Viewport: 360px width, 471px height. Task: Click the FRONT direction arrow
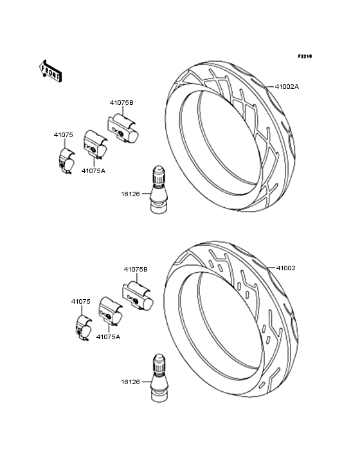(50, 71)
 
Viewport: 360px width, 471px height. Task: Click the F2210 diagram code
(305, 56)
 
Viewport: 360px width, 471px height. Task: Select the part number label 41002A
(287, 87)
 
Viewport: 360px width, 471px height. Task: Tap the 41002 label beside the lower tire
(285, 268)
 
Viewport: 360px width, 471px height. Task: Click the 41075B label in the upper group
(122, 103)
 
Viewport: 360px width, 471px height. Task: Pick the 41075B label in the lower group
(136, 270)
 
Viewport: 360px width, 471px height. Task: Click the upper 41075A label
(94, 171)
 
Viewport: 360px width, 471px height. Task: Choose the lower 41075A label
(108, 337)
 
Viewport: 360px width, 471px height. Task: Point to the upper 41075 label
(63, 135)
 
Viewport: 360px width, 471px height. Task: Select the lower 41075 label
(81, 301)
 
